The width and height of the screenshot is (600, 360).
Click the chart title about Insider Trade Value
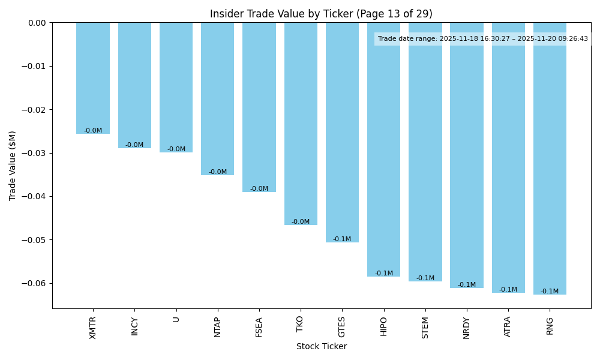[321, 14]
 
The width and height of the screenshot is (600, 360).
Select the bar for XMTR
[93, 78]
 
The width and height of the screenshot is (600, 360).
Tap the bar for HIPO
[383, 149]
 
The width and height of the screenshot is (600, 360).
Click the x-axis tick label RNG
[550, 325]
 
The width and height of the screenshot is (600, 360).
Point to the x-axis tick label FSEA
[259, 327]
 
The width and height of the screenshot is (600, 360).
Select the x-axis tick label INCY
[134, 326]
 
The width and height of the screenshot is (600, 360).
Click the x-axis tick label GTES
[342, 327]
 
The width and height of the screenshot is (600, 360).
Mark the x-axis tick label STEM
[425, 327]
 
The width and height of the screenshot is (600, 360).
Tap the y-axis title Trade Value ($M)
[13, 166]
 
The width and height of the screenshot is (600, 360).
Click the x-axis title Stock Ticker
[321, 346]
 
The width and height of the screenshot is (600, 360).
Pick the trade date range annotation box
[482, 39]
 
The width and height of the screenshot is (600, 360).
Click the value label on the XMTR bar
[93, 131]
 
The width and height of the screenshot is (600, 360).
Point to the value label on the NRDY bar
[467, 285]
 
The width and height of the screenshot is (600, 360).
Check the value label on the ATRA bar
[508, 290]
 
